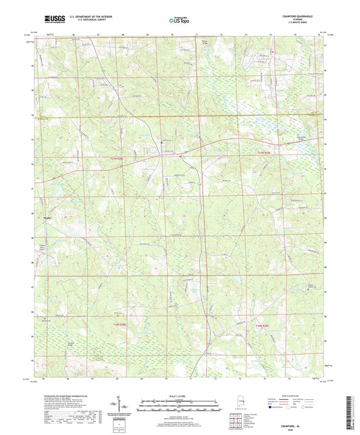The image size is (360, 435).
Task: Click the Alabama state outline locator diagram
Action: [x=235, y=407]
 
